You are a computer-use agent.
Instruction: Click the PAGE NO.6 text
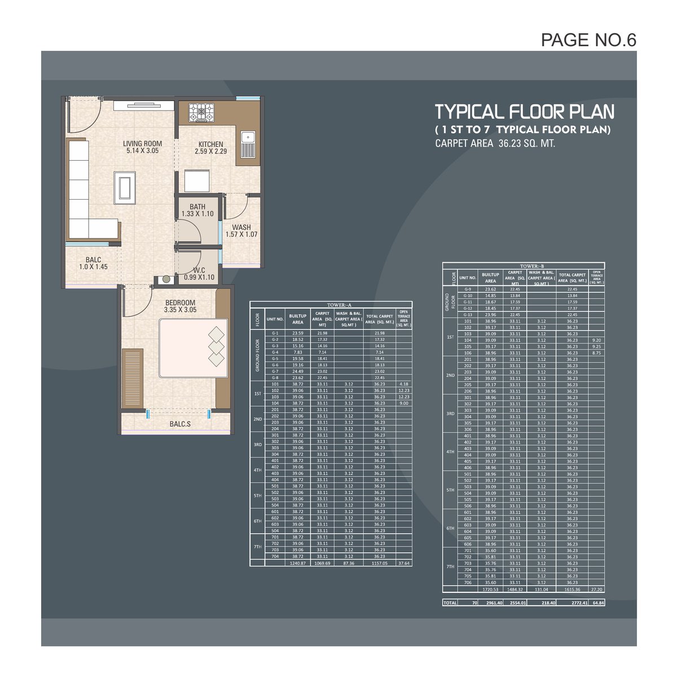(x=588, y=39)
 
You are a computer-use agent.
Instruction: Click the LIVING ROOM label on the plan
(x=142, y=147)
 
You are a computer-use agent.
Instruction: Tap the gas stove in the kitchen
(x=201, y=112)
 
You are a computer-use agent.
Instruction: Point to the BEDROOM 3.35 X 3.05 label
(x=179, y=306)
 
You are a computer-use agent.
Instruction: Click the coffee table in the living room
(x=124, y=186)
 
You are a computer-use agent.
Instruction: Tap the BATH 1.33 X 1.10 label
(x=197, y=210)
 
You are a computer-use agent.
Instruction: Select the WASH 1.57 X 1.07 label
(x=241, y=231)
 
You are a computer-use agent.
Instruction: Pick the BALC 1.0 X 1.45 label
(x=93, y=263)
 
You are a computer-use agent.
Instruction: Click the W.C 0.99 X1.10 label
(x=199, y=274)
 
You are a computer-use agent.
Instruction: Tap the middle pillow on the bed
(x=216, y=346)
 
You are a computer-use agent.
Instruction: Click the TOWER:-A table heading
(x=331, y=305)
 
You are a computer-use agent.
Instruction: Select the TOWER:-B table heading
(x=524, y=266)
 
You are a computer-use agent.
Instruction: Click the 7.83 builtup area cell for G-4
(x=297, y=352)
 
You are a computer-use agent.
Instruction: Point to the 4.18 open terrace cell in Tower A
(x=403, y=384)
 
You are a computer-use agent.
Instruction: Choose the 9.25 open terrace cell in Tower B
(x=596, y=346)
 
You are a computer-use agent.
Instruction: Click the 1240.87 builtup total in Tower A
(x=297, y=563)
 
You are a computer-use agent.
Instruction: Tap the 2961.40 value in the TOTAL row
(x=490, y=602)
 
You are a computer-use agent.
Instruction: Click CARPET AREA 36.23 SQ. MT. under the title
(x=495, y=143)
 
